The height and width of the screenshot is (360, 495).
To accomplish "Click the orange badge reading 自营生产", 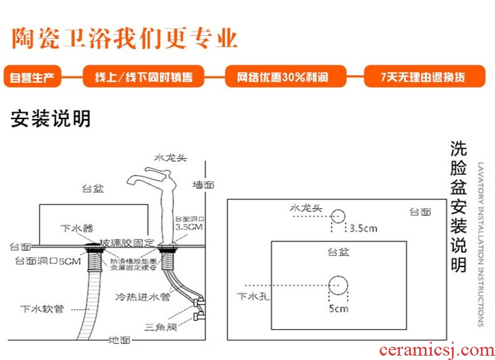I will click(x=32, y=78).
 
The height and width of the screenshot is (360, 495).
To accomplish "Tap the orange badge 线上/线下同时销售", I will click(x=143, y=78).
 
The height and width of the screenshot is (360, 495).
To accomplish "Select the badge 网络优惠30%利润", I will click(x=285, y=78).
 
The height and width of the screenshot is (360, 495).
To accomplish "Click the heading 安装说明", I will click(x=50, y=119).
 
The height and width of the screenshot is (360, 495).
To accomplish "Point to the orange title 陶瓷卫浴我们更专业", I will click(x=125, y=38).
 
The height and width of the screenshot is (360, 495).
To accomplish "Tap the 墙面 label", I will click(x=203, y=184).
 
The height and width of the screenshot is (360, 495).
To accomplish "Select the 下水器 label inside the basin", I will click(x=76, y=228).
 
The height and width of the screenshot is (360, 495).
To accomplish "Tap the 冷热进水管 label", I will click(x=151, y=296).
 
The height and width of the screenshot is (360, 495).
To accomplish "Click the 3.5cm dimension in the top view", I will click(x=363, y=228).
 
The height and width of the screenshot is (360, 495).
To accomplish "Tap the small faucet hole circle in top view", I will click(x=338, y=216).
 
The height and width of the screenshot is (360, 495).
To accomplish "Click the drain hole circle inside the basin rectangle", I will click(x=338, y=286).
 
